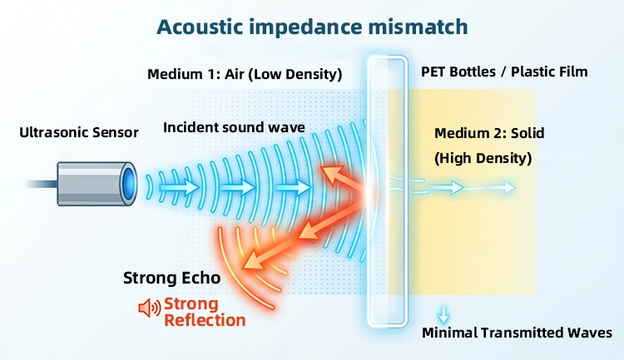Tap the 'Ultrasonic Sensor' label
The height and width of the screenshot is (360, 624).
tap(79, 131)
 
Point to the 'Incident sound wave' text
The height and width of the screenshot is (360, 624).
tap(234, 127)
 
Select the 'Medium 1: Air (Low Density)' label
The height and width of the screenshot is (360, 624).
tap(245, 74)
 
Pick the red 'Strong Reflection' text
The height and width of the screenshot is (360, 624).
tap(204, 312)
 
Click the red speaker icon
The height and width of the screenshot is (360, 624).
tap(148, 308)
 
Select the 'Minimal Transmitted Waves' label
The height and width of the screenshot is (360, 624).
tap(517, 333)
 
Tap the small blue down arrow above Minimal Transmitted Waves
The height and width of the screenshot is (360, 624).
tap(443, 314)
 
